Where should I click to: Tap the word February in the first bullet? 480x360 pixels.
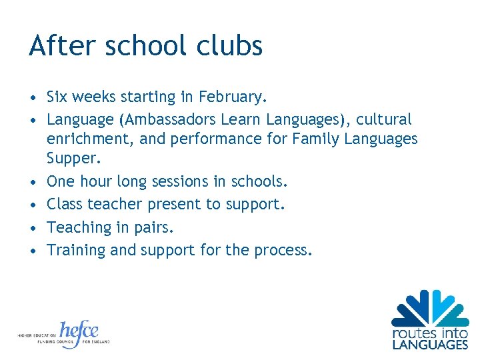pos(232,97)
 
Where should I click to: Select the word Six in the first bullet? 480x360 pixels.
pos(57,97)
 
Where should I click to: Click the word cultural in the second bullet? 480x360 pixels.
pos(384,120)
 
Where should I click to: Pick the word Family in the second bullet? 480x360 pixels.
pos(319,139)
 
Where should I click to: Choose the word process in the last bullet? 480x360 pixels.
pos(284,251)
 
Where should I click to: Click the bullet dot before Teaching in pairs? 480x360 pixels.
pos(33,228)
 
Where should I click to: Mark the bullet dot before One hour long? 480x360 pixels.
pos(33,182)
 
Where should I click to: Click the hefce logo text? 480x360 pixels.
pos(79,331)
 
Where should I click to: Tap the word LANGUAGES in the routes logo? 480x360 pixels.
pos(430,344)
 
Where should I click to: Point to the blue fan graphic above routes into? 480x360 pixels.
pos(430,307)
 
